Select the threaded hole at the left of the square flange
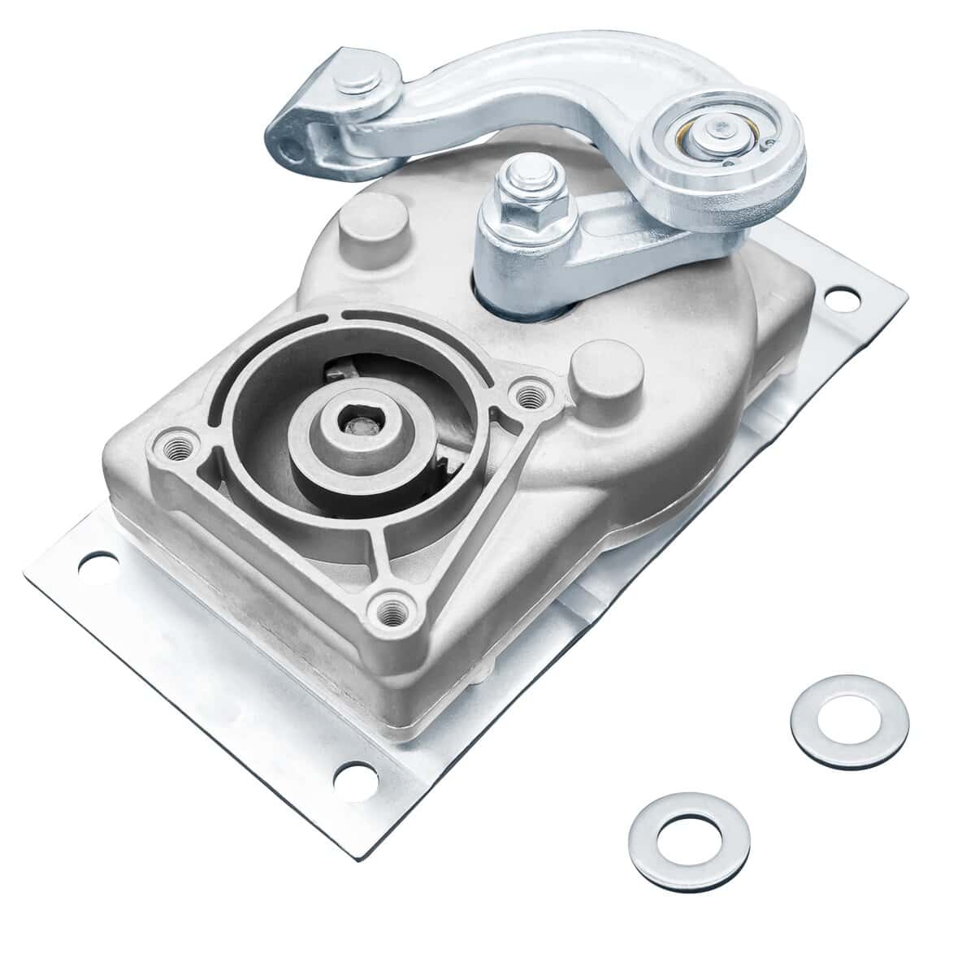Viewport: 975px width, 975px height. (x=173, y=445)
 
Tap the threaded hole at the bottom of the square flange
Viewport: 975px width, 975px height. (x=391, y=606)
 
